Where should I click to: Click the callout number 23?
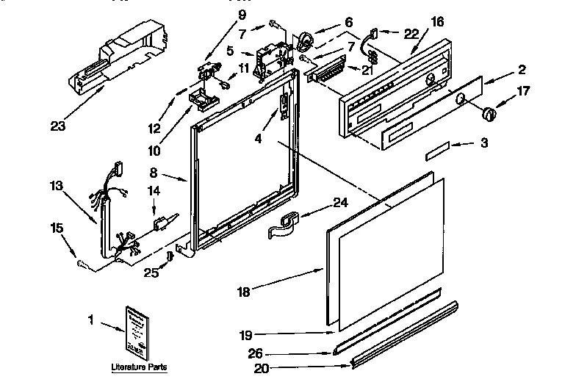(x=57, y=126)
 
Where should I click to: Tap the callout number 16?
(x=437, y=22)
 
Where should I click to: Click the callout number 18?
(x=244, y=292)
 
